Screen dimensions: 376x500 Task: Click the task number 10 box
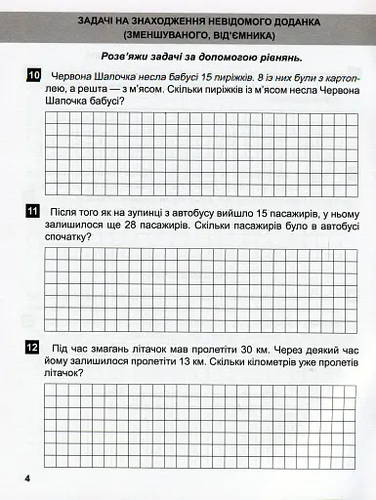click(x=33, y=75)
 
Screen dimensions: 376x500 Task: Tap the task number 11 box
click(x=33, y=211)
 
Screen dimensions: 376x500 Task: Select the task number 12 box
click(x=33, y=347)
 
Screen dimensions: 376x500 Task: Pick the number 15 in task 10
click(x=211, y=75)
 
